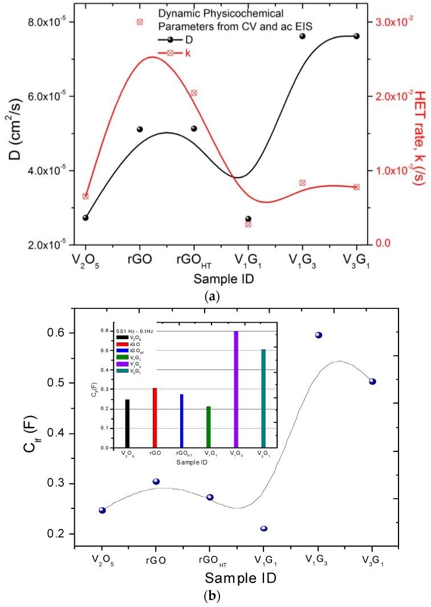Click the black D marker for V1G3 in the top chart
click(x=303, y=36)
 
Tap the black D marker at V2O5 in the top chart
click(x=86, y=218)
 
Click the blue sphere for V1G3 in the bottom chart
click(x=319, y=335)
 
